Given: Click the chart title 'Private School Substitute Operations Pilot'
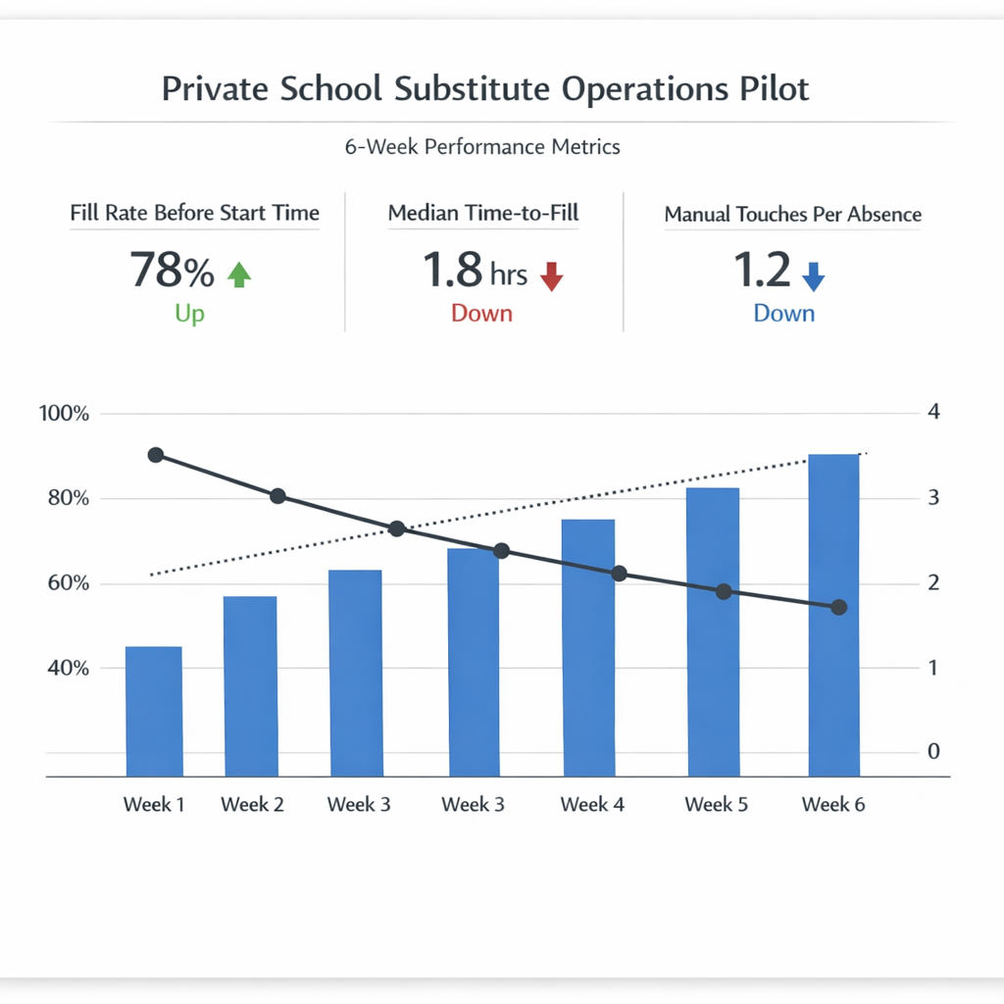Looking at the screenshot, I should click(x=485, y=88).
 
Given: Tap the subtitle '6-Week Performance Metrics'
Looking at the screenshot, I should click(x=482, y=147).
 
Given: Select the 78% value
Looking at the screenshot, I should click(x=172, y=271).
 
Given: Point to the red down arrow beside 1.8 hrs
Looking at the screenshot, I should click(x=552, y=276).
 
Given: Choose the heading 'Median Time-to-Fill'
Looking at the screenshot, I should click(x=482, y=213).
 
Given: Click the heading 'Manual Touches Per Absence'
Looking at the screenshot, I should click(x=792, y=214).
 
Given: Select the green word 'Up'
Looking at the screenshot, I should click(x=190, y=314).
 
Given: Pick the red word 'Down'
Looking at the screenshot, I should click(x=481, y=314).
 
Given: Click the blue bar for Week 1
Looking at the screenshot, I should click(x=154, y=711).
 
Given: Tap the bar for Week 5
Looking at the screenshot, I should click(x=713, y=631).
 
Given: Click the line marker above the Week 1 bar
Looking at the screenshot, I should click(x=155, y=455).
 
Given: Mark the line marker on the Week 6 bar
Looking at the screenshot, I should click(x=838, y=608).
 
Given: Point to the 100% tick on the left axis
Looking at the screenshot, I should click(x=65, y=414).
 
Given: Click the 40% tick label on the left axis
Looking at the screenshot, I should click(x=65, y=668).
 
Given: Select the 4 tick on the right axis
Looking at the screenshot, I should click(x=933, y=412).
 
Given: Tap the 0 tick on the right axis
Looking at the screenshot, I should click(x=933, y=751).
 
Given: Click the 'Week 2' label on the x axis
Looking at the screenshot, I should click(x=252, y=805).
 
